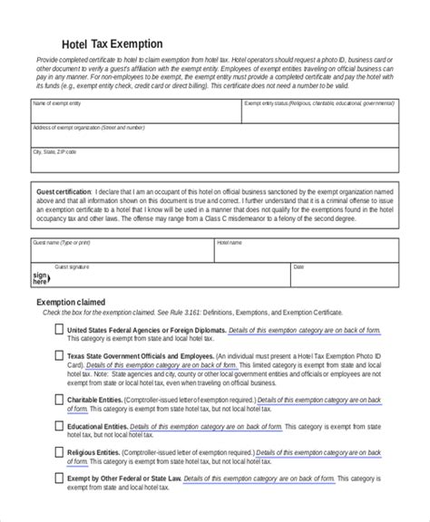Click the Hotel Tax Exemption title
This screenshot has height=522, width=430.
[x=112, y=43]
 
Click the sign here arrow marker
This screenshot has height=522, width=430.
[x=39, y=276]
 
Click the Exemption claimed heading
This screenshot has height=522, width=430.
[x=70, y=301]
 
